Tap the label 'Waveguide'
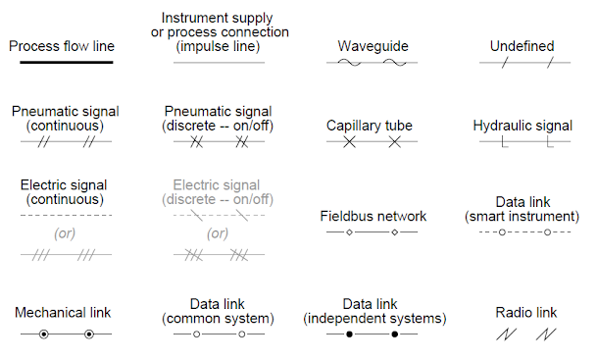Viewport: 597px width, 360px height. pyautogui.click(x=373, y=46)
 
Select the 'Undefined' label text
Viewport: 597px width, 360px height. pyautogui.click(x=522, y=46)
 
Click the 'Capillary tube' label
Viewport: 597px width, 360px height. pyautogui.click(x=370, y=126)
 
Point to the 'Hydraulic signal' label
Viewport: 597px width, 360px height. pyautogui.click(x=522, y=126)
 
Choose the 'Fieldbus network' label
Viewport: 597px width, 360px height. pyautogui.click(x=373, y=216)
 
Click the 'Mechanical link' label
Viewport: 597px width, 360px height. pyautogui.click(x=63, y=312)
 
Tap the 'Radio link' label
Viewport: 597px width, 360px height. pyautogui.click(x=526, y=312)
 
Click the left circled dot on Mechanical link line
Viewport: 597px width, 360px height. pyautogui.click(x=43, y=334)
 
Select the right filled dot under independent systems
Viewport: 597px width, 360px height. pyautogui.click(x=395, y=334)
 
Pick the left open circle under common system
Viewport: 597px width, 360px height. pyautogui.click(x=197, y=334)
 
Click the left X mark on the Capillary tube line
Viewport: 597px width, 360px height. pyautogui.click(x=349, y=142)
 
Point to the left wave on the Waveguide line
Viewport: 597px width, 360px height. pyautogui.click(x=350, y=63)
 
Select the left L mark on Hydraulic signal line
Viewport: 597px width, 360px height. pyautogui.click(x=504, y=142)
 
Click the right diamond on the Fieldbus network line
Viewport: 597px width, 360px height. pyautogui.click(x=394, y=233)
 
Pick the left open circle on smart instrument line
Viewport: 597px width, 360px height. pyautogui.click(x=502, y=233)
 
